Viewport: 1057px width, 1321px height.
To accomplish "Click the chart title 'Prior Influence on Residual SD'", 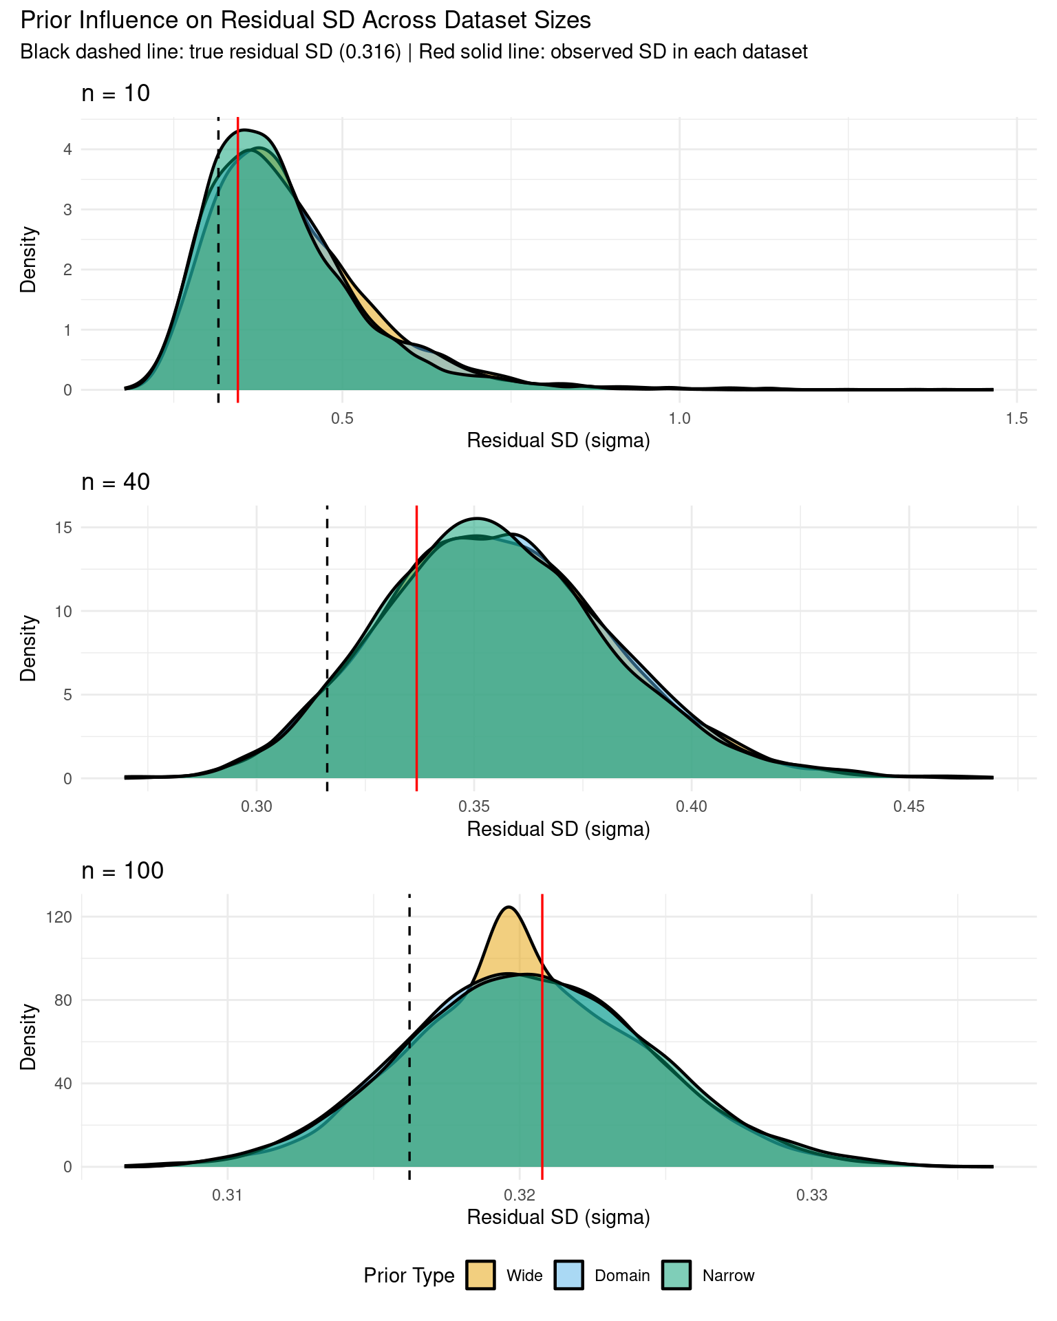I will click(306, 21).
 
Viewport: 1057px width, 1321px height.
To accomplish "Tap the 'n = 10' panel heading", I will click(116, 94).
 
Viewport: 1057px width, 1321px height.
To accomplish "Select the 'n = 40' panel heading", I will click(116, 482).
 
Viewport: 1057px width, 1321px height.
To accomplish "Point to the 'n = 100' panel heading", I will click(122, 871).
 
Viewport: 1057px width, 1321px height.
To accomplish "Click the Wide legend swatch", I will click(480, 1275).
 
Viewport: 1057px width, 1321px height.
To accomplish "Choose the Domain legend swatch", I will click(569, 1275).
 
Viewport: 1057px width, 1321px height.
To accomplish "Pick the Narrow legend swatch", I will click(676, 1275).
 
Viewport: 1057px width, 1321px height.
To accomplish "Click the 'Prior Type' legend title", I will click(409, 1276).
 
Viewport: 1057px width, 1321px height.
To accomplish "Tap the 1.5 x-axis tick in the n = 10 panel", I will click(1017, 418).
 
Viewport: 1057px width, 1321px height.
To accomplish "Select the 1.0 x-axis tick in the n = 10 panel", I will click(680, 418).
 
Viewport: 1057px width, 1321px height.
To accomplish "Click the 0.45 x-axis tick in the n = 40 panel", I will click(909, 806).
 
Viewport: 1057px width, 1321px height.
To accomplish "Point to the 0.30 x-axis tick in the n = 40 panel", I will click(256, 806).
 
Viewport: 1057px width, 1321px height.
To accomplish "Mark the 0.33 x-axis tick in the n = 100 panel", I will click(811, 1195).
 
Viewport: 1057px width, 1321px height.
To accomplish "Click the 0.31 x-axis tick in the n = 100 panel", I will click(227, 1195).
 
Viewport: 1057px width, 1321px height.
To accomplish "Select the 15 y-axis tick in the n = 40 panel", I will click(63, 528).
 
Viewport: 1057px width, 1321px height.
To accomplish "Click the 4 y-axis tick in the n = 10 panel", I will click(67, 149).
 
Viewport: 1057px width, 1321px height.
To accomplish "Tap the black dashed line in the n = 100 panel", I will click(409, 1032).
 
